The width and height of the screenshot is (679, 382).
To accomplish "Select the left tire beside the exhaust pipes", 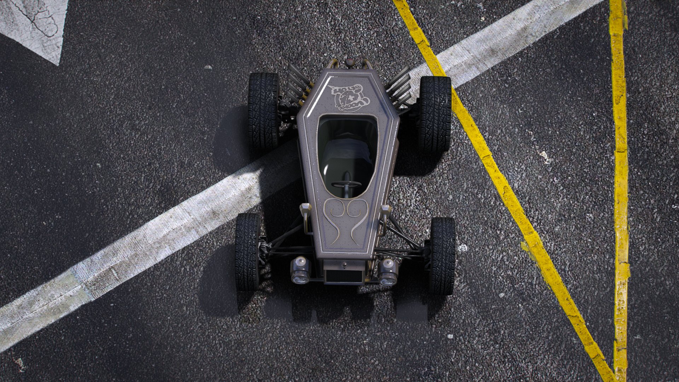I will (263, 110).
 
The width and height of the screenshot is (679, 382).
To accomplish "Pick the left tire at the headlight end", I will (248, 252).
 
